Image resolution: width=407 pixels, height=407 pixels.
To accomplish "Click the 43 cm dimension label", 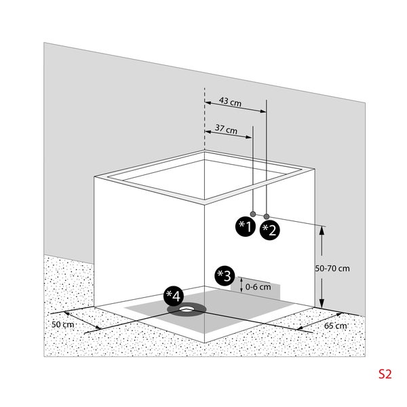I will [x=230, y=102].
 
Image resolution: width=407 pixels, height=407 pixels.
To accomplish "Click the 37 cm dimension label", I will [x=226, y=129].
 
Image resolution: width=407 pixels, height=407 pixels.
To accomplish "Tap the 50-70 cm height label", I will [x=332, y=268].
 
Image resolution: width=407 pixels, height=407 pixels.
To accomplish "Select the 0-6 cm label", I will [x=258, y=286].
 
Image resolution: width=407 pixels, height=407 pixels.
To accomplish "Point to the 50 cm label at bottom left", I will [x=62, y=324].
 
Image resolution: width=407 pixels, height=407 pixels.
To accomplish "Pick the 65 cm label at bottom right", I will [x=335, y=326].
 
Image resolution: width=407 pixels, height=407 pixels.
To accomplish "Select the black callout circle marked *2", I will [x=269, y=229].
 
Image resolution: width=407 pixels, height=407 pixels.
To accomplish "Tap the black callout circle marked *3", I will [x=224, y=275].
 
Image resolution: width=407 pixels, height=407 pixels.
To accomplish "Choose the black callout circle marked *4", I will [x=174, y=296].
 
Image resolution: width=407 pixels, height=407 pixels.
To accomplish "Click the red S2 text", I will [x=385, y=374].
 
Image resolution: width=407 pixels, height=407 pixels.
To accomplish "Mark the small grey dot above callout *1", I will [x=252, y=212].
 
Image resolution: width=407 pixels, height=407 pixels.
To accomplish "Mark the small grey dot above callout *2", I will [x=267, y=212].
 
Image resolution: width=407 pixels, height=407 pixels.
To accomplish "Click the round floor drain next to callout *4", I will [x=187, y=310].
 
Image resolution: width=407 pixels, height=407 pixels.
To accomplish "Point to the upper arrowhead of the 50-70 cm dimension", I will [x=322, y=231].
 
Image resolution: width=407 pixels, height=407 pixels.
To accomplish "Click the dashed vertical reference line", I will [x=204, y=136].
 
